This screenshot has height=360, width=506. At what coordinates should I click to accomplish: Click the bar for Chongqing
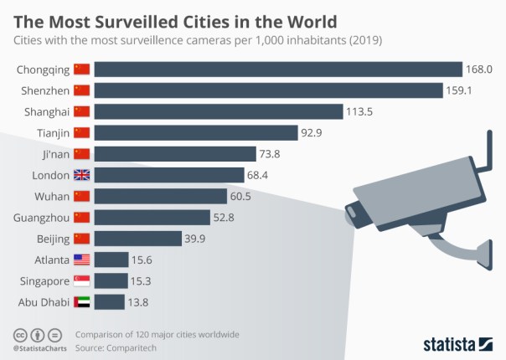(x=277, y=69)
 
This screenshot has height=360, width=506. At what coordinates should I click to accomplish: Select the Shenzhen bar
(x=267, y=90)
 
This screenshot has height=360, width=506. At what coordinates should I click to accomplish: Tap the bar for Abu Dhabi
(x=110, y=302)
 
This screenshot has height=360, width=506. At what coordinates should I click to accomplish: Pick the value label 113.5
(x=361, y=111)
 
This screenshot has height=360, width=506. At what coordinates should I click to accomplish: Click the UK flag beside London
(x=81, y=175)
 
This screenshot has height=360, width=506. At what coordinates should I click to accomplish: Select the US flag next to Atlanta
(x=81, y=260)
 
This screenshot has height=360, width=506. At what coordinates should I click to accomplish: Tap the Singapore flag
(x=81, y=281)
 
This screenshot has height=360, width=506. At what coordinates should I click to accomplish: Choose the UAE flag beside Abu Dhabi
(x=81, y=302)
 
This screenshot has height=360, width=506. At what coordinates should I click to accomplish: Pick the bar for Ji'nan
(x=174, y=154)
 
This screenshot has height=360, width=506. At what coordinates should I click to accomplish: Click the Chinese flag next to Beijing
(x=81, y=239)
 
